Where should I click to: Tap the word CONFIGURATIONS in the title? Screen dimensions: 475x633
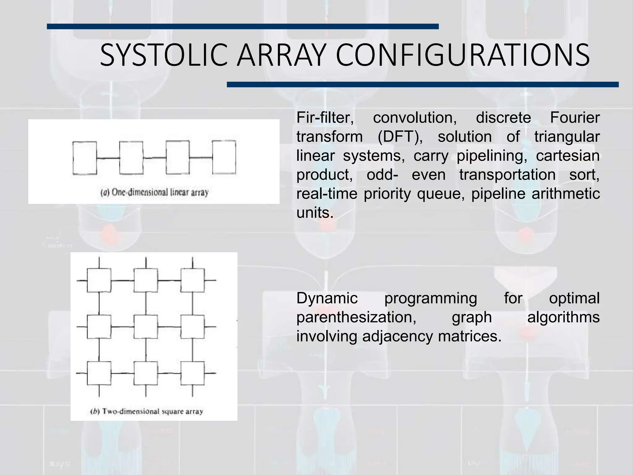tap(462, 56)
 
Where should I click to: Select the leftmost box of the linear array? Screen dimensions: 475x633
tap(84, 158)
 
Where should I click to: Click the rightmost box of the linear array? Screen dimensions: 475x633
tap(224, 157)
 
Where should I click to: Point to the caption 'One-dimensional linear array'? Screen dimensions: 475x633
tap(155, 193)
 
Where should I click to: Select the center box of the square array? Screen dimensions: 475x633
tap(146, 327)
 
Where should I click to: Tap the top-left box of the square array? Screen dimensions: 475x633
tap(99, 280)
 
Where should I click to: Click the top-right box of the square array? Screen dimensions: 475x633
tap(193, 280)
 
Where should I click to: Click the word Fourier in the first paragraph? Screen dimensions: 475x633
tap(575, 118)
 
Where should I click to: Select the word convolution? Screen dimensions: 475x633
tap(415, 118)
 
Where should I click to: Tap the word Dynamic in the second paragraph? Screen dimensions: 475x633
tap(327, 298)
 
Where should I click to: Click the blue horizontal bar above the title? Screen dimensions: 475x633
tap(243, 27)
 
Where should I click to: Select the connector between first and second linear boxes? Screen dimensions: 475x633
tap(108, 158)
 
